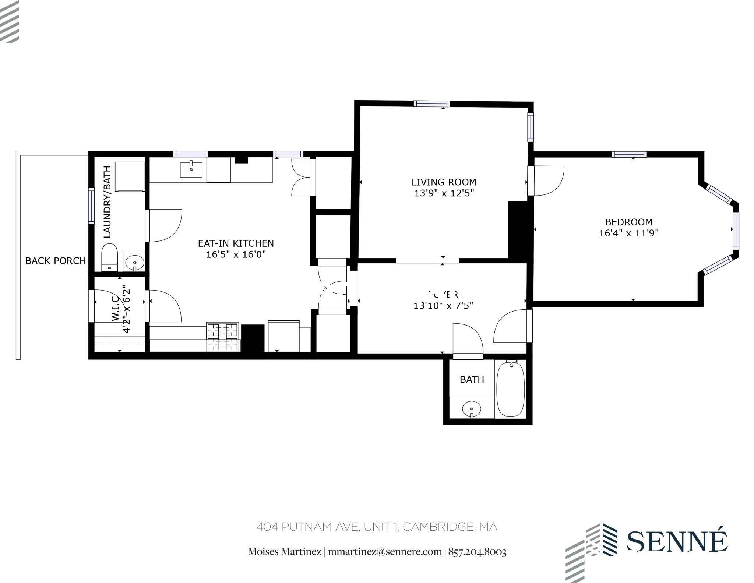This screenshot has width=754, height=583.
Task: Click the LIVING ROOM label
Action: (444, 182)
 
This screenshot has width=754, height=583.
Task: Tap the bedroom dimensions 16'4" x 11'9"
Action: (628, 233)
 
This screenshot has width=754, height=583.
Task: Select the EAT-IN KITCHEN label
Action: (236, 243)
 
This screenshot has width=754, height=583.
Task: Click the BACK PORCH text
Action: (55, 261)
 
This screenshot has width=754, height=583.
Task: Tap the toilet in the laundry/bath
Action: (109, 256)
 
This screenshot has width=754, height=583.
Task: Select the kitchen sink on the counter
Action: (191, 169)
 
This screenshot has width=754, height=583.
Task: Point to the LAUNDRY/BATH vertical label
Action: (107, 202)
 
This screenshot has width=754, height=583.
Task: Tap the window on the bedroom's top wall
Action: (629, 154)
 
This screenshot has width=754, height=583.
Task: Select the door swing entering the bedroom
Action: (549, 181)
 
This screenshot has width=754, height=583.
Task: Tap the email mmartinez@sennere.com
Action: (384, 552)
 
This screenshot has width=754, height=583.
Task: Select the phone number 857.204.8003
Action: (477, 552)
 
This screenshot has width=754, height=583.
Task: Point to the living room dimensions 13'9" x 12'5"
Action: (444, 193)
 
